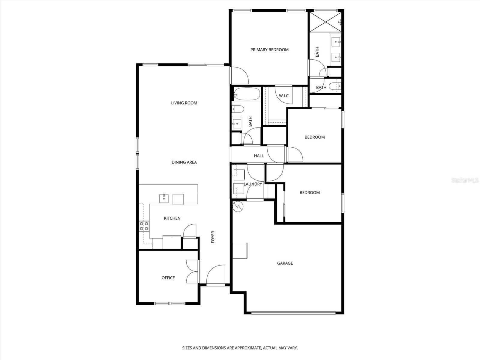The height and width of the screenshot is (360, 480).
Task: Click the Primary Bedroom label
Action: [x=269, y=50]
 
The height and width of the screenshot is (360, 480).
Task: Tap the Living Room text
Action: [x=184, y=103]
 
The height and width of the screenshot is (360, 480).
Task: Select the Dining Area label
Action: [x=184, y=162]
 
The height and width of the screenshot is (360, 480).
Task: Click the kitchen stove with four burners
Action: [x=144, y=226]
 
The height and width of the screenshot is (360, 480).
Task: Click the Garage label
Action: [x=285, y=263]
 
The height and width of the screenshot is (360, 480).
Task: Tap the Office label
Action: [x=168, y=278]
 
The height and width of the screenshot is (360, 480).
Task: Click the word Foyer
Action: [x=213, y=237]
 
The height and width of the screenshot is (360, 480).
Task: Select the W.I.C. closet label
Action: [x=284, y=96]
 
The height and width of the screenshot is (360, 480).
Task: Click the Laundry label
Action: [x=253, y=184]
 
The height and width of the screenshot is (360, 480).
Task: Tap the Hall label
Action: [x=259, y=156]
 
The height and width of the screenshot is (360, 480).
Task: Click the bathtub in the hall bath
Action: [x=247, y=94]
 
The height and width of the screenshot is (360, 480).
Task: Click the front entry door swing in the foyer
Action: [x=216, y=275]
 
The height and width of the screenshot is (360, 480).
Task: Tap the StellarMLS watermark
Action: [x=465, y=180]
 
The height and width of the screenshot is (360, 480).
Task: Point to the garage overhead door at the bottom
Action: [x=293, y=313]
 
